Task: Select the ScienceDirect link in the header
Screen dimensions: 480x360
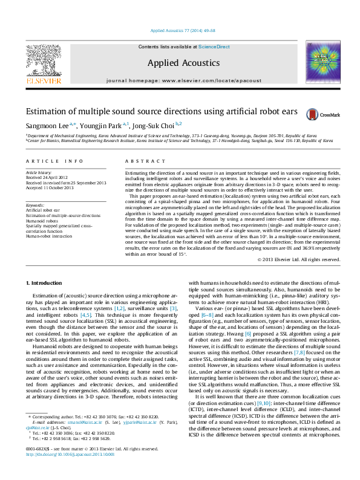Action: pyautogui.click(x=214, y=47)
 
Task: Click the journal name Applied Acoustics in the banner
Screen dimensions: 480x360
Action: pyautogui.click(x=180, y=63)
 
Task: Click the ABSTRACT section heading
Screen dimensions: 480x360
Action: pyautogui.click(x=141, y=161)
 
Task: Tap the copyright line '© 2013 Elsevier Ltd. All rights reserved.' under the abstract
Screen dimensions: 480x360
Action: pyautogui.click(x=299, y=259)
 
